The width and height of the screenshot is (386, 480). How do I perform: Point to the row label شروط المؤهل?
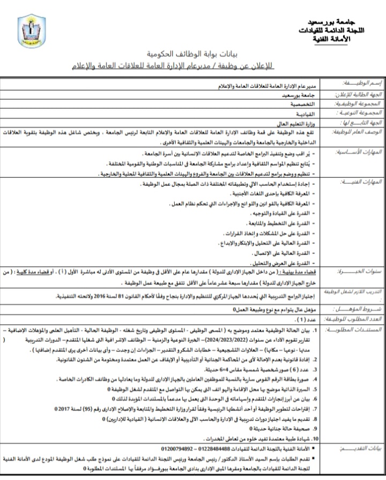coord(359,309)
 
